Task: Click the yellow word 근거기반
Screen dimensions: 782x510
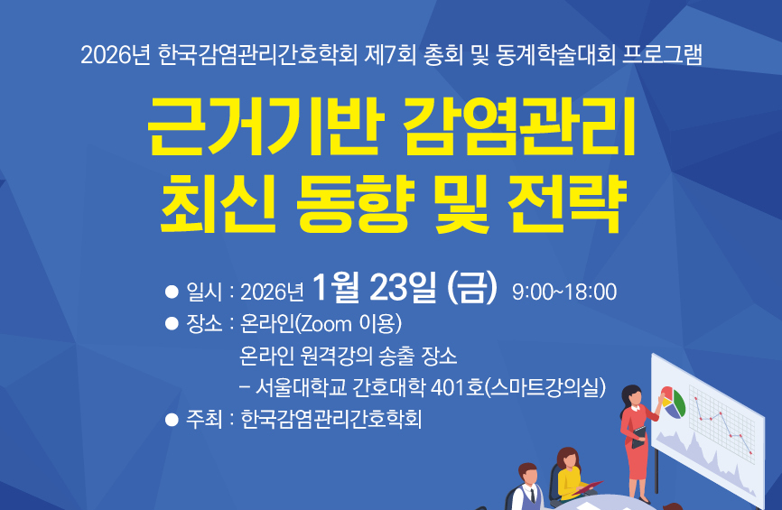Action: pos(265,126)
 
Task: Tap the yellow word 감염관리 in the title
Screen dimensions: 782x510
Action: pos(519,126)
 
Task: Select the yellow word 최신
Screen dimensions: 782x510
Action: pos(219,203)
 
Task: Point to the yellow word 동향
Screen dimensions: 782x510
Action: pos(356,203)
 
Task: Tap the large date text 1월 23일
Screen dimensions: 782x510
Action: pos(374,288)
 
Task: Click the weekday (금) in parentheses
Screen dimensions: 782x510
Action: pos(472,288)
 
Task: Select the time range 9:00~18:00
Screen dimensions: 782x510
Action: pos(564,292)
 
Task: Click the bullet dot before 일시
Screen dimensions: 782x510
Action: pos(172,292)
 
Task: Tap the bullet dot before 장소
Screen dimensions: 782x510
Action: pos(172,324)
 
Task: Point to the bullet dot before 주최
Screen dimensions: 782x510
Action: pos(172,420)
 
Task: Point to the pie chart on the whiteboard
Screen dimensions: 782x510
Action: pos(673,403)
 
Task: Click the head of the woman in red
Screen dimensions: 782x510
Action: pos(632,395)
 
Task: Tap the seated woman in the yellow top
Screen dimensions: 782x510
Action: pos(571,475)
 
